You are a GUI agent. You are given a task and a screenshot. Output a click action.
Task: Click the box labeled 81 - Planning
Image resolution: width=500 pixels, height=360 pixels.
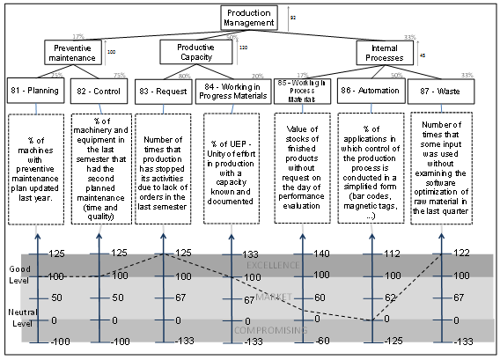(34, 91)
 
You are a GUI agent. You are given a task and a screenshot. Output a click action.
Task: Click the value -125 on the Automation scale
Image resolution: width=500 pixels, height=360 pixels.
(393, 341)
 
